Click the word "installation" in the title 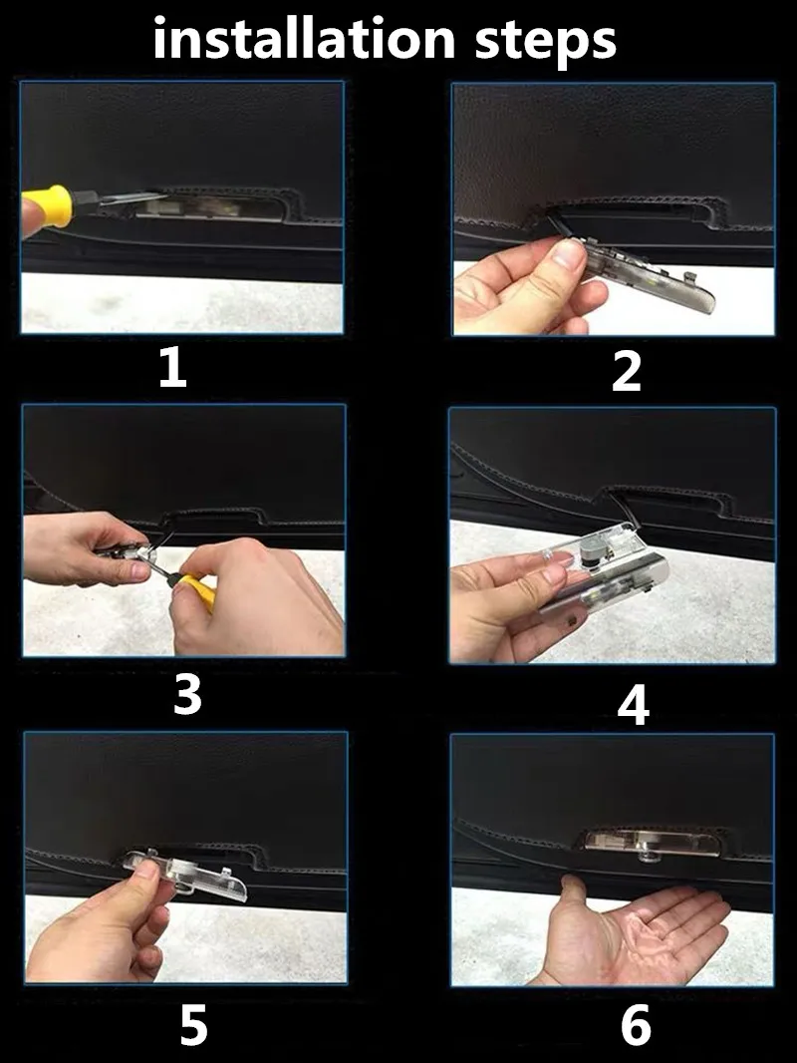[304, 38]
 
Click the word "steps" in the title [546, 42]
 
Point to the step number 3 [187, 695]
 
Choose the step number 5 [193, 1025]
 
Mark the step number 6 [636, 1025]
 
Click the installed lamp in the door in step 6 [643, 844]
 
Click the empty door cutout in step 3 [211, 517]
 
